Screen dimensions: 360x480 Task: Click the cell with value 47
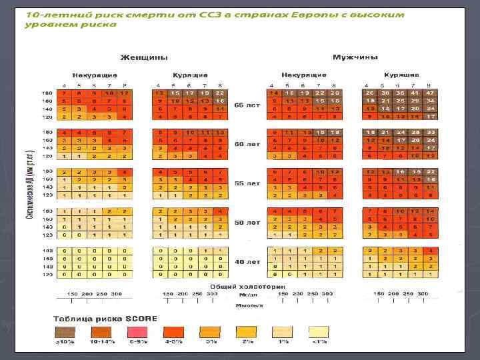pos(431,93)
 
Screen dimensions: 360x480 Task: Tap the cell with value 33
pos(431,131)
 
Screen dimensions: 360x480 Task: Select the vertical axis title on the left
pos(49,180)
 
